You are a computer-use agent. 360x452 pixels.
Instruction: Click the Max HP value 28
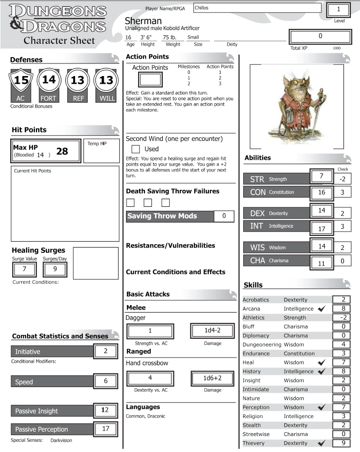click(62, 152)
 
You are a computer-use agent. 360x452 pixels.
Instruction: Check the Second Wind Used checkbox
click(136, 149)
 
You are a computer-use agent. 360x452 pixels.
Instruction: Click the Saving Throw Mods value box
click(224, 216)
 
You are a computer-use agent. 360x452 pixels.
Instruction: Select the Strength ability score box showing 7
click(321, 176)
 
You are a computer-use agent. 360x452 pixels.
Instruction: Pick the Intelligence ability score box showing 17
click(321, 227)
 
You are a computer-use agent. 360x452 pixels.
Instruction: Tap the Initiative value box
click(106, 351)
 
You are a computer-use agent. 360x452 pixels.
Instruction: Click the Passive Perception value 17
click(106, 428)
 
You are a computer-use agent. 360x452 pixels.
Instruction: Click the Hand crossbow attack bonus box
click(150, 377)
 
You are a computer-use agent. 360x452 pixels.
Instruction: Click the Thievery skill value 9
click(343, 443)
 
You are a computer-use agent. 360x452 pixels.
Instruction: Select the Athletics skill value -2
click(343, 317)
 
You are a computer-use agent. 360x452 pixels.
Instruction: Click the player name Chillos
click(257, 8)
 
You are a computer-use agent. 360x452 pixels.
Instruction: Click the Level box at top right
click(338, 10)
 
